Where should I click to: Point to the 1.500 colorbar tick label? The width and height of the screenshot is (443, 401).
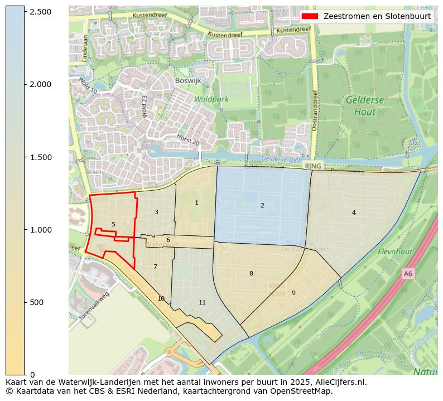40,157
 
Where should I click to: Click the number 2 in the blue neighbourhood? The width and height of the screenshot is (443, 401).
262,206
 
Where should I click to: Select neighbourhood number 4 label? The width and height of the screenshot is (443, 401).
354,212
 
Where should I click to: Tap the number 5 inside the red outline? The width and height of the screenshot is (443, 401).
113,225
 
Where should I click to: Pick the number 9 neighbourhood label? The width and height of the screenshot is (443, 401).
293,293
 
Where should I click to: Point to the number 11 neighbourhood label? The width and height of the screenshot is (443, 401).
202,303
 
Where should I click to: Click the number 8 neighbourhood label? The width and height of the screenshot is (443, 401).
251,273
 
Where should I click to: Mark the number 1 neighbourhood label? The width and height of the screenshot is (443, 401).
196,203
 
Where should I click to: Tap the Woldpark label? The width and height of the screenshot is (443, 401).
211,99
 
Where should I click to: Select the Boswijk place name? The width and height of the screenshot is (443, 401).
187,80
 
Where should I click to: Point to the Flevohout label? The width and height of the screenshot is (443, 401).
394,252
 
